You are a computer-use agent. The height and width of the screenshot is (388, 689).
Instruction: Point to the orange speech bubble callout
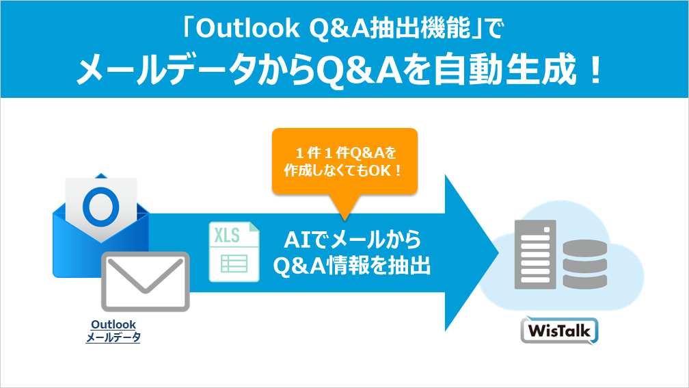tap(344, 161)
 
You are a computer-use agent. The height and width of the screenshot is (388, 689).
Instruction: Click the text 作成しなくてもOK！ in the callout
tap(344, 170)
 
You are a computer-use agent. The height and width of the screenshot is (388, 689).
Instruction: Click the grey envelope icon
tap(145, 281)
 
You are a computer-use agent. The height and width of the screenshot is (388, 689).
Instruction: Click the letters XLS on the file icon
tap(227, 236)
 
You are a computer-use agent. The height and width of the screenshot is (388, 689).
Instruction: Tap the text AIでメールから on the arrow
tap(352, 240)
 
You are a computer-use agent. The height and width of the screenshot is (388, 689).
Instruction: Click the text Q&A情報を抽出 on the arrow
tap(352, 266)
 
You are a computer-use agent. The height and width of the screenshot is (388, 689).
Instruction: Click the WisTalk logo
tap(559, 331)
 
